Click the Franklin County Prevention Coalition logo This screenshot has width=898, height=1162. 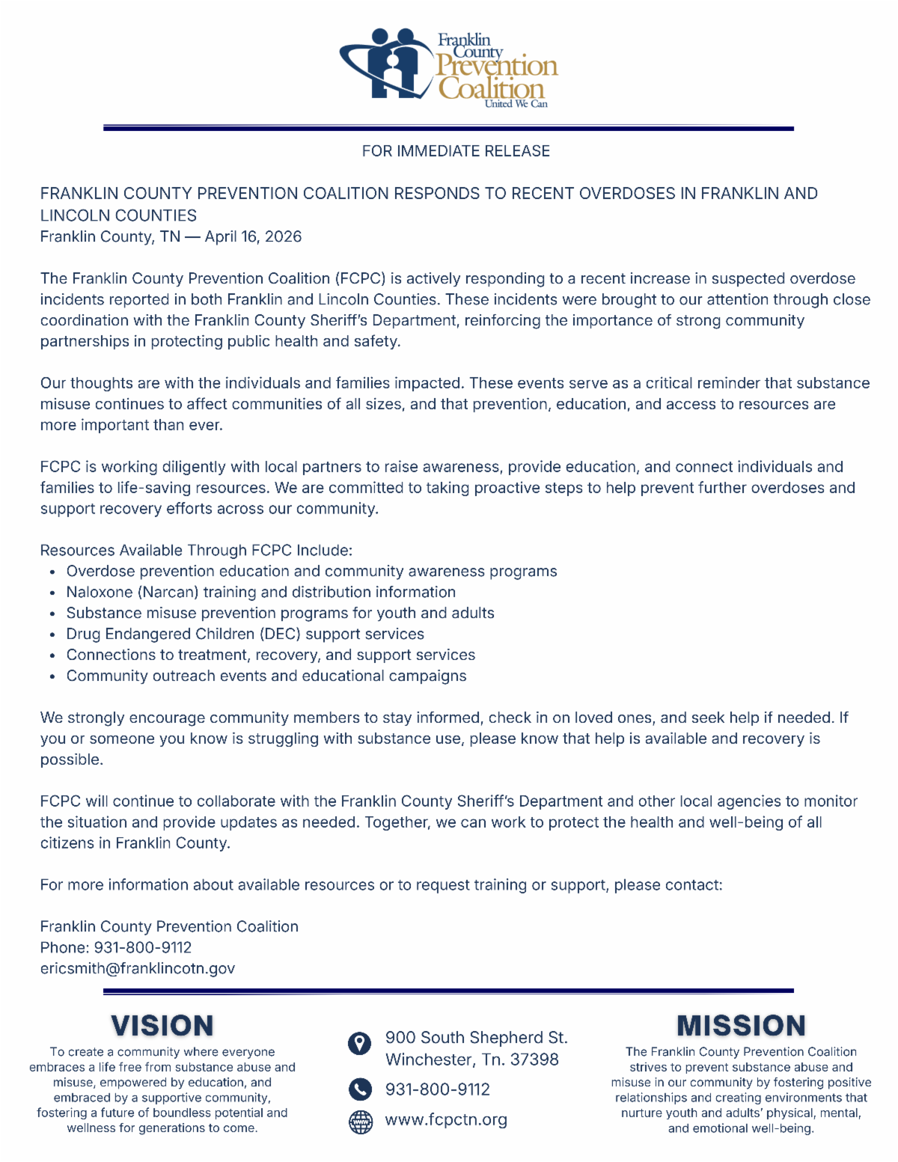coord(449,67)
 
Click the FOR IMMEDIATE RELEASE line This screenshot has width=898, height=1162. coord(456,151)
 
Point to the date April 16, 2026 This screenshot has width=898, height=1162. coord(253,236)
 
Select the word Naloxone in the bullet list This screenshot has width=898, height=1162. coord(100,592)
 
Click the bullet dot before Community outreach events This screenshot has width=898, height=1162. coord(52,676)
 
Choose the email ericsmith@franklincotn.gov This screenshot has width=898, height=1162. coord(138,968)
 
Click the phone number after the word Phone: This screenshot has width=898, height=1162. coord(143,947)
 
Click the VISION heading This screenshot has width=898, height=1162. coord(162,1025)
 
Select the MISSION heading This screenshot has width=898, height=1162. coord(741,1025)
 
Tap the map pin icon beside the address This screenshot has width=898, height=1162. coord(360,1043)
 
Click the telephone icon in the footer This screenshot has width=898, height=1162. coord(360,1089)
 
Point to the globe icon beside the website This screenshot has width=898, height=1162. coord(361,1122)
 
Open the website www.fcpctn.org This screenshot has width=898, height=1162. coord(446,1120)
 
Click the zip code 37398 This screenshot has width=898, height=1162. coord(534,1059)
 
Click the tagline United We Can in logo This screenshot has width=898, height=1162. coord(516,104)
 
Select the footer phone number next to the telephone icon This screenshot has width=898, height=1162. coord(437,1089)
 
